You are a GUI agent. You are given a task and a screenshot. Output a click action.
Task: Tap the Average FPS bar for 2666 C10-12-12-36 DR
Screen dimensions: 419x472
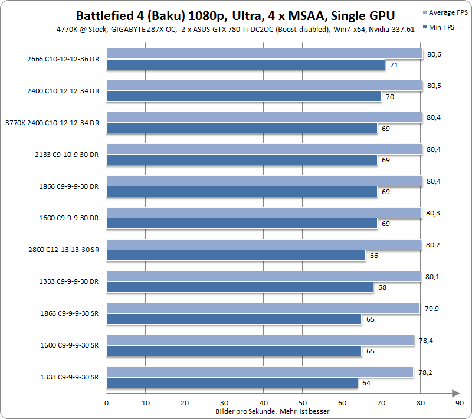264,54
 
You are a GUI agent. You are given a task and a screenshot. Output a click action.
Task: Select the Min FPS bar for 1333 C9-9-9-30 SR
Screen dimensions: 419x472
232,383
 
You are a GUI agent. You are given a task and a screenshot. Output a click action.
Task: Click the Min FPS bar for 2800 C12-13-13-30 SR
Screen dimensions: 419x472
235,256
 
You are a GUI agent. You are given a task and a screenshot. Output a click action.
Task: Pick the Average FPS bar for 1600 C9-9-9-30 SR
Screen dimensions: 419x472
260,341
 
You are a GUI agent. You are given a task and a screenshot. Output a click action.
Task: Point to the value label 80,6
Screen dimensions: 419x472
434,54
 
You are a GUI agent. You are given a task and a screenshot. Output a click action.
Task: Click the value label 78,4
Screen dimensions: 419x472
425,341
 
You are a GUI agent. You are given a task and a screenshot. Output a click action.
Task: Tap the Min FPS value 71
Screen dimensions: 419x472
393,64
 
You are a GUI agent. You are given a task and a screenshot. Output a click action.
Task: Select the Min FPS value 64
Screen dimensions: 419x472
366,383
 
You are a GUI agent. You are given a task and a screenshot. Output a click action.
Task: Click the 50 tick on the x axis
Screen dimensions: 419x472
302,403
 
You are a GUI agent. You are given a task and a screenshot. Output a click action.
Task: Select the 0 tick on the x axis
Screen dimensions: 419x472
106,403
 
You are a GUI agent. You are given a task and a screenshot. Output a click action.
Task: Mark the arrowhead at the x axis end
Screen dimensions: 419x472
455,393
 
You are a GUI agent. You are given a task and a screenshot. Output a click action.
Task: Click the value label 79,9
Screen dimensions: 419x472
431,309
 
